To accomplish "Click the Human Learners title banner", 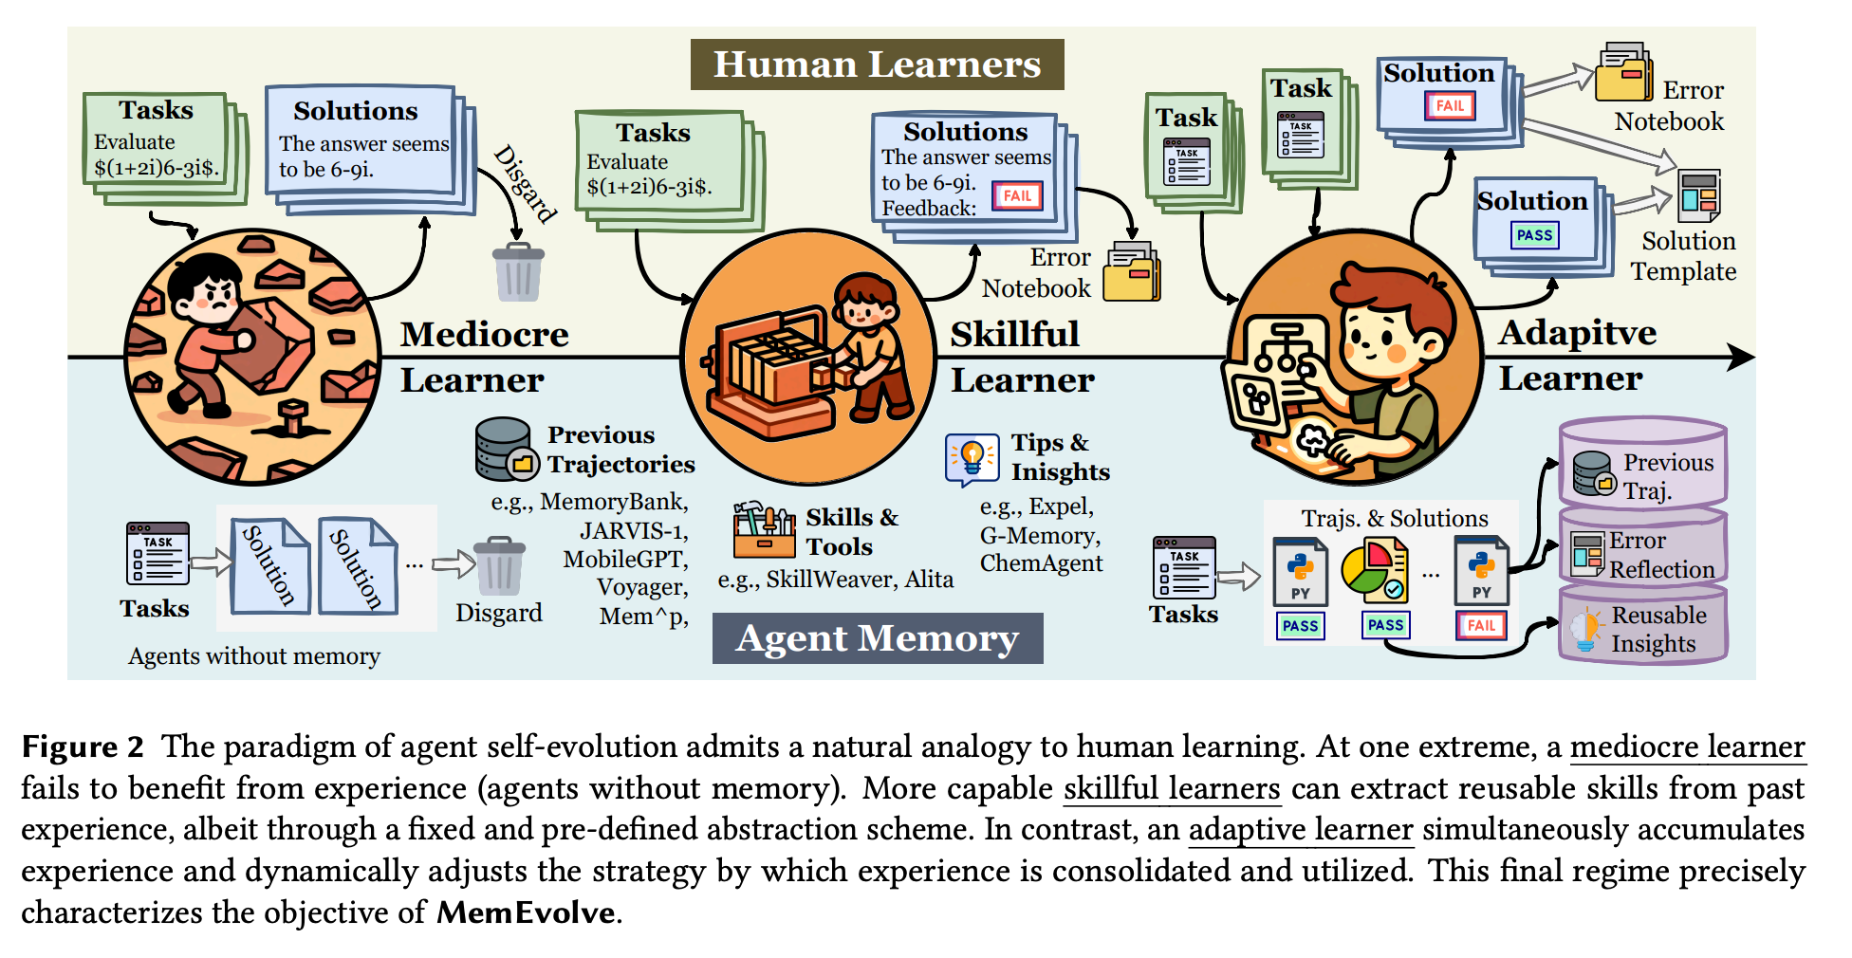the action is [x=877, y=64].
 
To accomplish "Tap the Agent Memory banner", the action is [x=878, y=638].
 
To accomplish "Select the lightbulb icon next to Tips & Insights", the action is [x=972, y=458].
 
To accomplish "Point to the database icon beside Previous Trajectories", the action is [x=505, y=449].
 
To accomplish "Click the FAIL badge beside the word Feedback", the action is [x=1017, y=196].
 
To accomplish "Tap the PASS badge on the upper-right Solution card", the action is [x=1534, y=235].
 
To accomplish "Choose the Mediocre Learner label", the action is [x=484, y=357].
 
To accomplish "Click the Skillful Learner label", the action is [x=1022, y=357].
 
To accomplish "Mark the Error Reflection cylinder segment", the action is [x=1643, y=551].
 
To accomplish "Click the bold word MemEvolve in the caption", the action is [x=526, y=912].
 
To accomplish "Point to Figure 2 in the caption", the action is [x=83, y=747].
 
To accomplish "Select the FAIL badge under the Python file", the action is [x=1480, y=625].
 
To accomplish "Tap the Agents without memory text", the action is [x=254, y=656].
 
